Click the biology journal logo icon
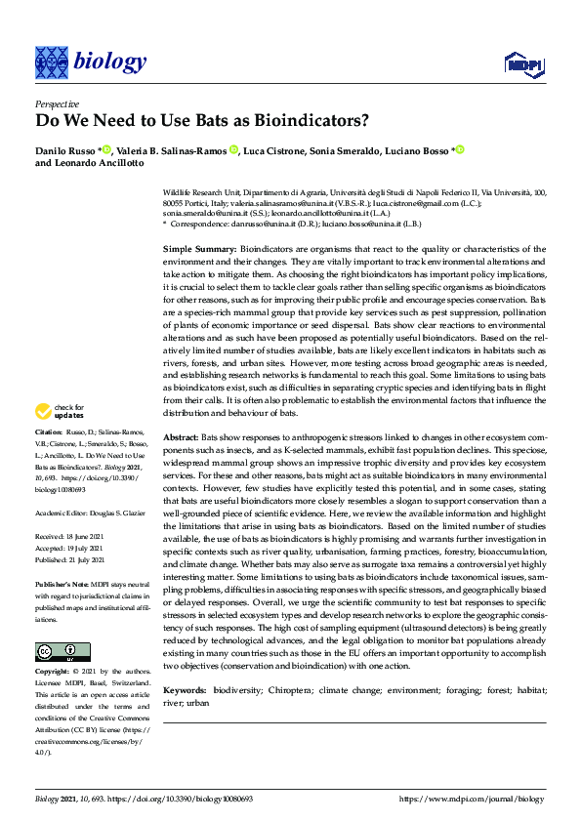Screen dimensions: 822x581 point(52,62)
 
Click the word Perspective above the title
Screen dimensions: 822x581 point(57,103)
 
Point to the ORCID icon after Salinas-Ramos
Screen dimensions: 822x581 point(234,150)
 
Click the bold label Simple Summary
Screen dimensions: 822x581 point(198,249)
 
